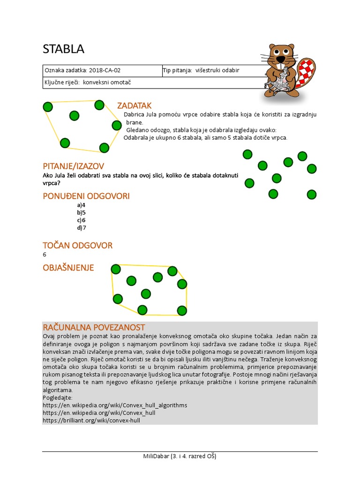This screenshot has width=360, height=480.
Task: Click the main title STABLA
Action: click(63, 49)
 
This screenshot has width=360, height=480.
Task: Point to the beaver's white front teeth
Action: click(280, 60)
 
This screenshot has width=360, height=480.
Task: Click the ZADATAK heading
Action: click(134, 105)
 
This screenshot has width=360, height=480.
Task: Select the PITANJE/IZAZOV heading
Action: click(73, 166)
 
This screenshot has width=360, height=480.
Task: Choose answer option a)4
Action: click(82, 205)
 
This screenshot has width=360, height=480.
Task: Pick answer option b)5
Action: click(82, 212)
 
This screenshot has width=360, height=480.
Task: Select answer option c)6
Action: click(82, 220)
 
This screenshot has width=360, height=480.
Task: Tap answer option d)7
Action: click(82, 228)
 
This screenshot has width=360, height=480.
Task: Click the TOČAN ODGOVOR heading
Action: click(77, 245)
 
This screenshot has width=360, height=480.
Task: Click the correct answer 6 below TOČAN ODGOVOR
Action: click(45, 255)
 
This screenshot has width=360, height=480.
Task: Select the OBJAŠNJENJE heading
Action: click(68, 268)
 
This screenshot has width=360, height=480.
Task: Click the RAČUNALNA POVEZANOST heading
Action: click(94, 327)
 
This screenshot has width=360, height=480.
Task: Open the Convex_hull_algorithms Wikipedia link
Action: click(114, 405)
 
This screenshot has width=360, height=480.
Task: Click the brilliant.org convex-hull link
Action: click(91, 420)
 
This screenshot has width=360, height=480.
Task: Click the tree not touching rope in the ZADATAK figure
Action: click(74, 115)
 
